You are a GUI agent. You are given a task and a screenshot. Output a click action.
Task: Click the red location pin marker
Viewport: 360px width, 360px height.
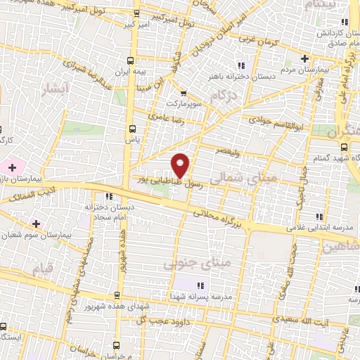181,165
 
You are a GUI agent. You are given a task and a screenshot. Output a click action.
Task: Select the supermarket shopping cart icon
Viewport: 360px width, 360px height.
183,93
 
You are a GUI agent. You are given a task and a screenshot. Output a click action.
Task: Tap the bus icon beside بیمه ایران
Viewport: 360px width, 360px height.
129,61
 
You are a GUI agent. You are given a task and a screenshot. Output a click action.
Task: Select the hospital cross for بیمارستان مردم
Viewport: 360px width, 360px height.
304,58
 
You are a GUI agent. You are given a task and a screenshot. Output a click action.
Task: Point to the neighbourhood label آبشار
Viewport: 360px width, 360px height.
56,89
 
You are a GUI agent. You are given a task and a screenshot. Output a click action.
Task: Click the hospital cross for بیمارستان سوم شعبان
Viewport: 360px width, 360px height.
35,223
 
